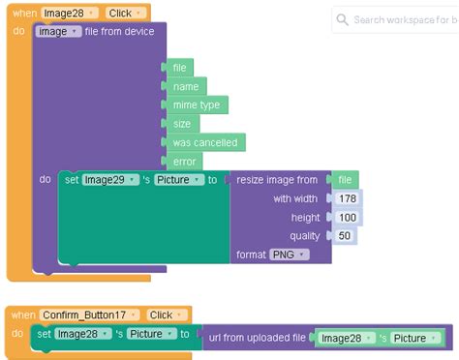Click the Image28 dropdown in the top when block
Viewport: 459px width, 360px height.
pyautogui.click(x=69, y=13)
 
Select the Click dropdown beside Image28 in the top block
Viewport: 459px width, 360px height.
pyautogui.click(x=125, y=13)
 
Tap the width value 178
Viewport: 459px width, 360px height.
pyautogui.click(x=348, y=198)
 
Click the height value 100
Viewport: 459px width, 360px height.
pyautogui.click(x=348, y=218)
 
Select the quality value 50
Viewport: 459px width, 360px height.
pyautogui.click(x=345, y=235)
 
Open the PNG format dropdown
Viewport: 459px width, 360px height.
pyautogui.click(x=289, y=255)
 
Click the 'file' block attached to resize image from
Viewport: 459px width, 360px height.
pyautogui.click(x=345, y=180)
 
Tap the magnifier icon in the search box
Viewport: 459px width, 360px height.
pyautogui.click(x=344, y=19)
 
